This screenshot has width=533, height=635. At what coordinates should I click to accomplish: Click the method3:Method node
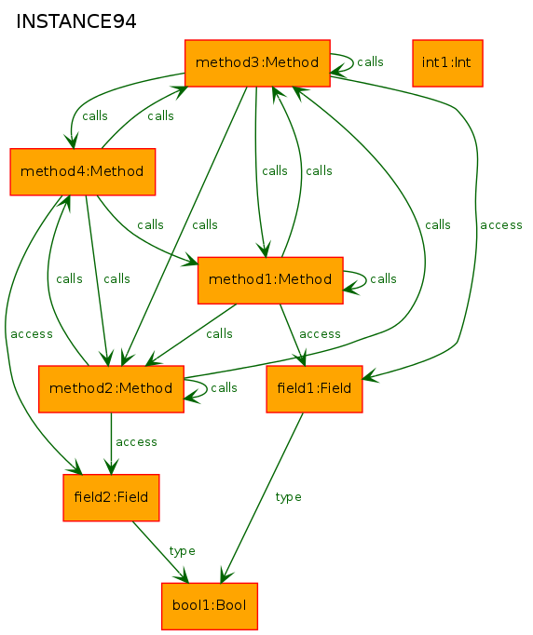tap(257, 63)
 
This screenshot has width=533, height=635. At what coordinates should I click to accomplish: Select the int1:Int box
tap(447, 63)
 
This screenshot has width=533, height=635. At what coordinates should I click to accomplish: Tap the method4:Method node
tap(83, 171)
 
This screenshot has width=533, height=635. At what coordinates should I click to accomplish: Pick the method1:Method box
tap(270, 280)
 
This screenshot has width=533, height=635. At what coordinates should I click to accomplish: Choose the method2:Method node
tap(111, 389)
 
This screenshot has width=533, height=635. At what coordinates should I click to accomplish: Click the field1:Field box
tap(314, 389)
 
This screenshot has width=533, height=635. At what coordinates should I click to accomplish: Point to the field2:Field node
tap(111, 498)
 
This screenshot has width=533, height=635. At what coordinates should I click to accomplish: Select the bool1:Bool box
tap(210, 606)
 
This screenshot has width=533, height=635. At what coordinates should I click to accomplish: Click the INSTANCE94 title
tap(76, 21)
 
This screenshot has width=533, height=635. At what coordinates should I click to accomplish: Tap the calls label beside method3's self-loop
tap(370, 62)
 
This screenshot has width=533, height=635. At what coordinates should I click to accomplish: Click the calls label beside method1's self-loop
tap(383, 279)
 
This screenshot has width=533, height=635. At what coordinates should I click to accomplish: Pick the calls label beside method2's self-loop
tap(224, 387)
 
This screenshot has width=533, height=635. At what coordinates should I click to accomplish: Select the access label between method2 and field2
tap(136, 442)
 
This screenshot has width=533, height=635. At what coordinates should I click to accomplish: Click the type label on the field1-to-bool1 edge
tap(288, 497)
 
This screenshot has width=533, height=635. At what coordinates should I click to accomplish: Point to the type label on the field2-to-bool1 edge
tap(182, 551)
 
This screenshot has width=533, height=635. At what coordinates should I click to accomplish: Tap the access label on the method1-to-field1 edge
tap(320, 334)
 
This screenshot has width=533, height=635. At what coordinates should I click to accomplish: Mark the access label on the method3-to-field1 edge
tap(501, 225)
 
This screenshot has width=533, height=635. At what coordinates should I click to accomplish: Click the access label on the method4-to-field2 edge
tap(32, 334)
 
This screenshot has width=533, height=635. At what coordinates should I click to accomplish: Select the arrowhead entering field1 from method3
tap(370, 376)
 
